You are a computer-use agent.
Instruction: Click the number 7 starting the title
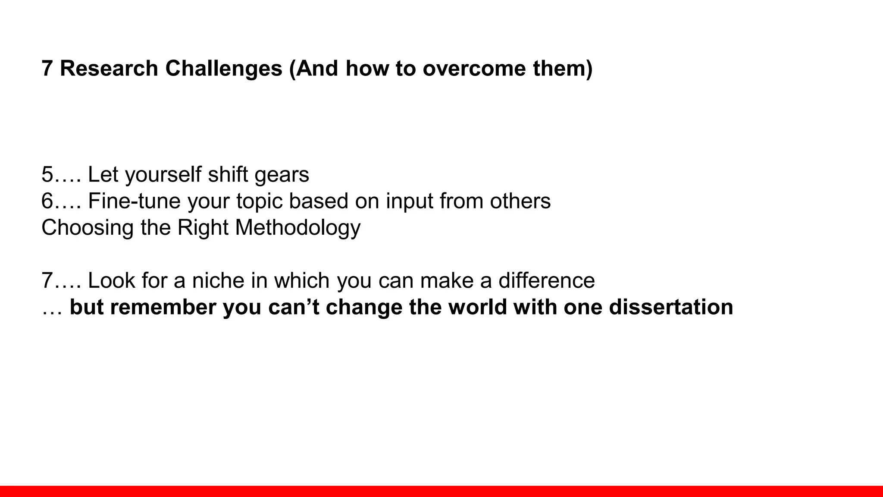pyautogui.click(x=47, y=69)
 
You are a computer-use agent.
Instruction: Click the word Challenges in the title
pyautogui.click(x=223, y=69)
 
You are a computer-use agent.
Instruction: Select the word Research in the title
pyautogui.click(x=109, y=69)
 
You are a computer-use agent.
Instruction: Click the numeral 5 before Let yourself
pyautogui.click(x=47, y=175)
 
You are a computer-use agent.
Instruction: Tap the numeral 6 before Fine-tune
pyautogui.click(x=47, y=201)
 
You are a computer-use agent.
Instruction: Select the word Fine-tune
pyautogui.click(x=134, y=201)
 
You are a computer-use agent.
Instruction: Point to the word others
pyautogui.click(x=520, y=201)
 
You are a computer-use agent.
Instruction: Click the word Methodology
pyautogui.click(x=297, y=228)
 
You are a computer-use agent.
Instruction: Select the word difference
pyautogui.click(x=546, y=280)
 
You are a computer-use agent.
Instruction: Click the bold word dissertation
pyautogui.click(x=671, y=307)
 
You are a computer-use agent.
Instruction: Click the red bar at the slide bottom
pyautogui.click(x=441, y=491)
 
